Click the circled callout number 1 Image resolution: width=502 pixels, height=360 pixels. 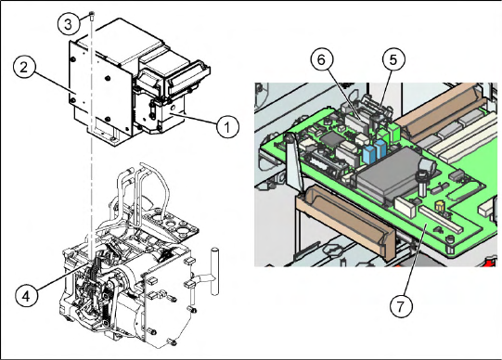227,127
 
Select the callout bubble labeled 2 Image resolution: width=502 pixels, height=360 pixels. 24,68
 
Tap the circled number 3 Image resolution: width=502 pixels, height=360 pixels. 68,24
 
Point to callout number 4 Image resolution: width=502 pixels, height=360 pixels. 26,296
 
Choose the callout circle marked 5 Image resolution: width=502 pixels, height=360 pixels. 393,59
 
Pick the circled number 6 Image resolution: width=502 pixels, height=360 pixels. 322,59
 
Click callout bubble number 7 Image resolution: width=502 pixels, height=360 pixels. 401,306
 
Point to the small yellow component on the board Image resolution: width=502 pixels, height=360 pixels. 439,207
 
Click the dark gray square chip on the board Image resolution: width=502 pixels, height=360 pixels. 329,139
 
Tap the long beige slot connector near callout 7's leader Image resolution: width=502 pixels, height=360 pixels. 441,219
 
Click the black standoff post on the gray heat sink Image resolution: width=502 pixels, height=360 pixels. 422,183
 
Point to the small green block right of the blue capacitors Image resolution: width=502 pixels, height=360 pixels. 394,132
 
